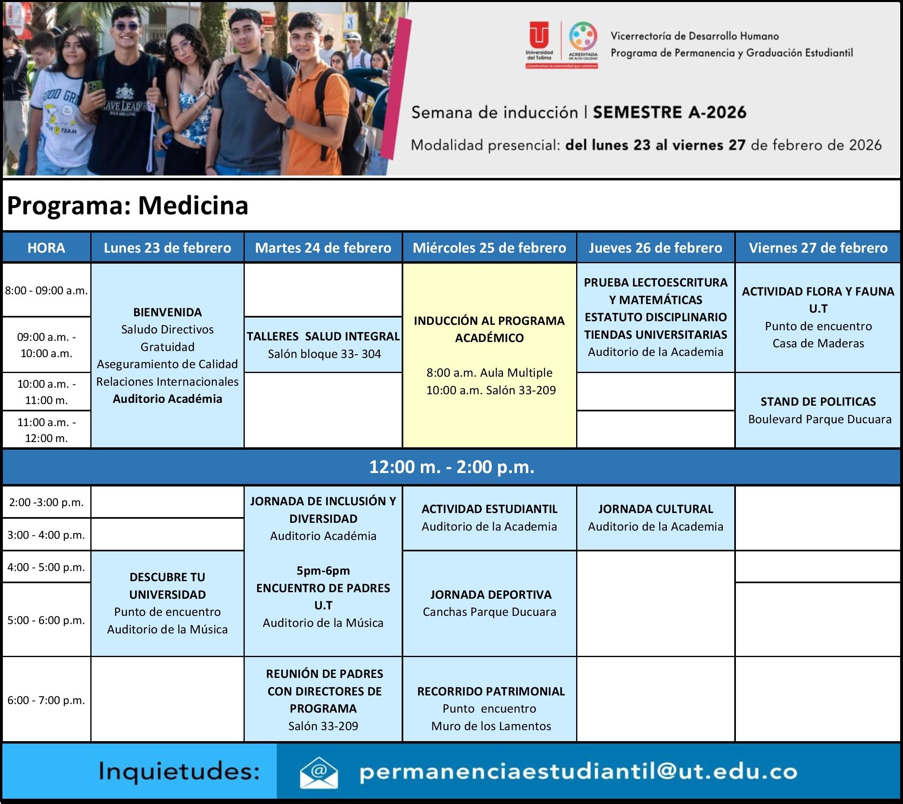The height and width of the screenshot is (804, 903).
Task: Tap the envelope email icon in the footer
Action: click(318, 772)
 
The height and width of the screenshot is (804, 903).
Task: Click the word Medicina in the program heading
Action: click(193, 205)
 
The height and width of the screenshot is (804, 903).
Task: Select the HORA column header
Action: click(47, 248)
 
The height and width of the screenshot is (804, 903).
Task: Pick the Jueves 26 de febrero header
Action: click(655, 248)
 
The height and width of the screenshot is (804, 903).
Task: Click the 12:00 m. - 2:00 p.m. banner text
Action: click(451, 467)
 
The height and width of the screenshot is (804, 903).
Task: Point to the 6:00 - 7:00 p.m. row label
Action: click(46, 700)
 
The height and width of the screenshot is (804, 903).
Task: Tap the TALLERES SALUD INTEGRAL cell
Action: click(323, 344)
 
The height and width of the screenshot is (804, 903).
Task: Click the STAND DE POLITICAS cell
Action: click(818, 410)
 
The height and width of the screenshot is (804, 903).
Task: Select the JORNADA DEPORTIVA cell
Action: click(489, 603)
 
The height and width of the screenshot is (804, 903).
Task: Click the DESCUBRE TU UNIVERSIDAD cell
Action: click(167, 603)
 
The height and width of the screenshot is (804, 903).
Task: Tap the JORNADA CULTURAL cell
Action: click(655, 518)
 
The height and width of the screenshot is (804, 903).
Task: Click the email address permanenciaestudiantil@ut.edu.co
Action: click(579, 772)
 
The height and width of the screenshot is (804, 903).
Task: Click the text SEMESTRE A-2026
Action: click(669, 113)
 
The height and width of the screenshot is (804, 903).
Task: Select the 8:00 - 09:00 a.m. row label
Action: click(47, 290)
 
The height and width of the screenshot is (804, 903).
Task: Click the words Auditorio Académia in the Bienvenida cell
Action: click(167, 399)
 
